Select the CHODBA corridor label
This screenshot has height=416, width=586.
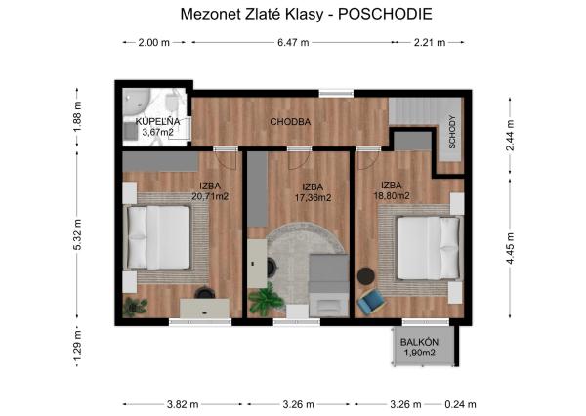[290, 122]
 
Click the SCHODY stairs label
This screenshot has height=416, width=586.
[452, 132]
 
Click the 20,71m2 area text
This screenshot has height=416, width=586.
[210, 196]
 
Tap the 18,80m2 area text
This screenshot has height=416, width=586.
[391, 195]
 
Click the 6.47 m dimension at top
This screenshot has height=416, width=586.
[292, 43]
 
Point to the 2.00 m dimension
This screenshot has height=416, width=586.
[154, 43]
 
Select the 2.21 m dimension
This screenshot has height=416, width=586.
[429, 43]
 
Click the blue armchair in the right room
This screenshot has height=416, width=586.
[371, 302]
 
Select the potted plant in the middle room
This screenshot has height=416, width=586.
[264, 299]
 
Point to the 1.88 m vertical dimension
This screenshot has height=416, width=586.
[77, 117]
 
